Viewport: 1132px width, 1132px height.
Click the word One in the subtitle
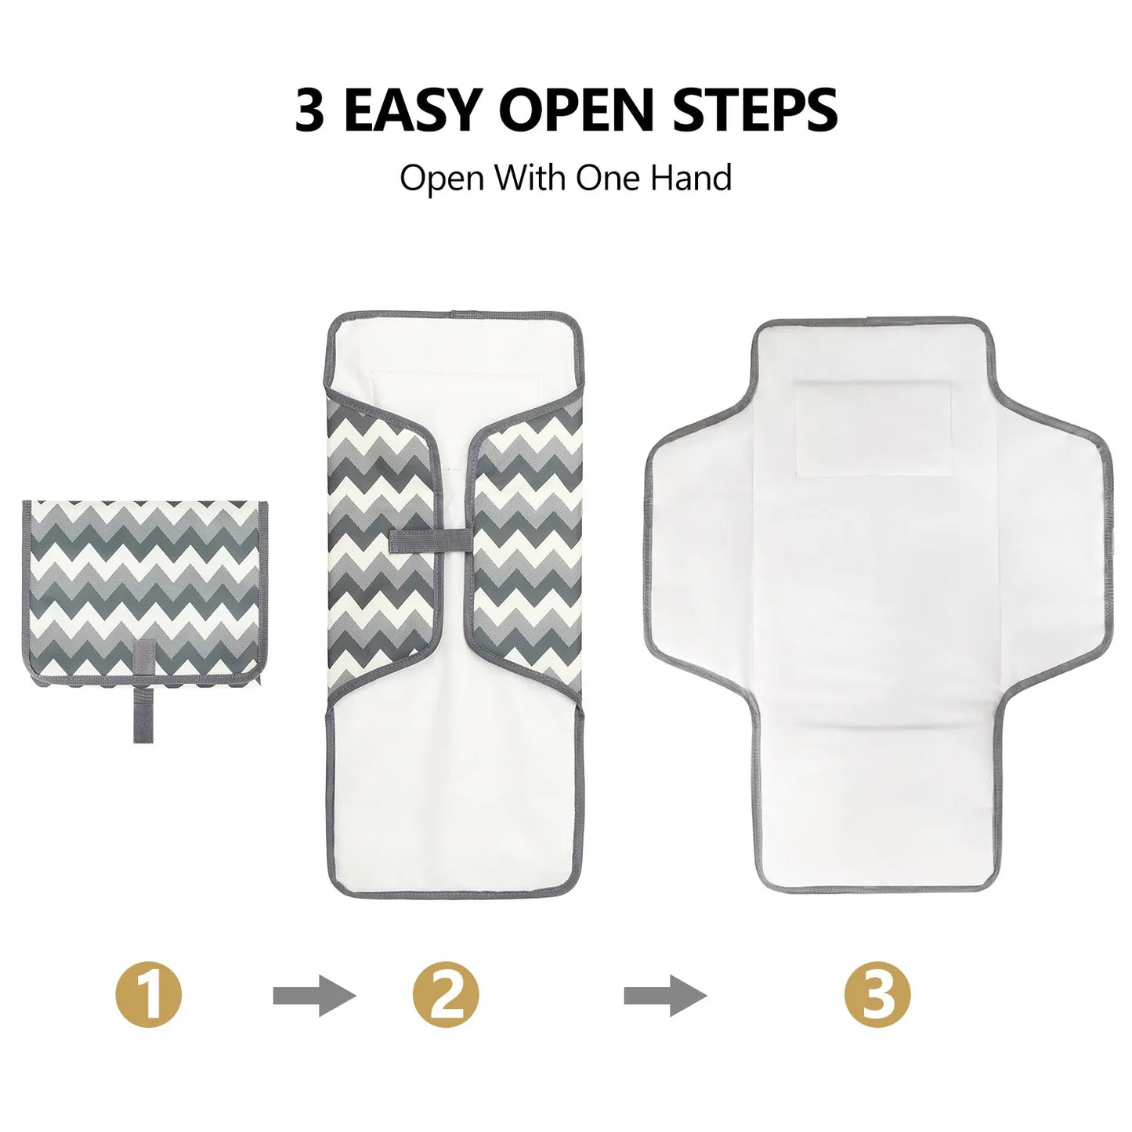(608, 178)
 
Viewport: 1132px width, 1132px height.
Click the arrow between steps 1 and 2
(314, 996)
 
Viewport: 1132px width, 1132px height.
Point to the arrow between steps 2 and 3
(665, 996)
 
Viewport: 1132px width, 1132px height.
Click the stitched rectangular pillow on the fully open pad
(873, 429)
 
